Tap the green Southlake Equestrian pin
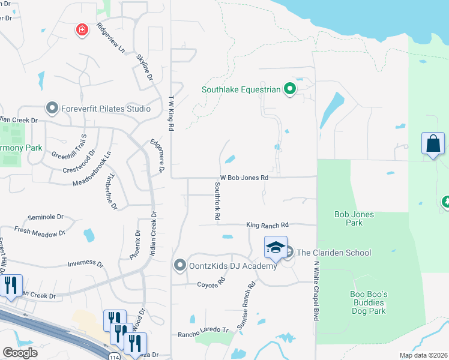290,90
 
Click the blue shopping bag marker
433,143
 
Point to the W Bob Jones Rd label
244,178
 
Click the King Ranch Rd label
267,224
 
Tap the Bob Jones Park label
354,218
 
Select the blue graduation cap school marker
275,247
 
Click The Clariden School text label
334,253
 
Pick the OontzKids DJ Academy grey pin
179,265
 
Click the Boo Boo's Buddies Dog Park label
368,302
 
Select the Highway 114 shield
114,356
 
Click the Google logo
20,353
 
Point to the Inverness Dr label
85,263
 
